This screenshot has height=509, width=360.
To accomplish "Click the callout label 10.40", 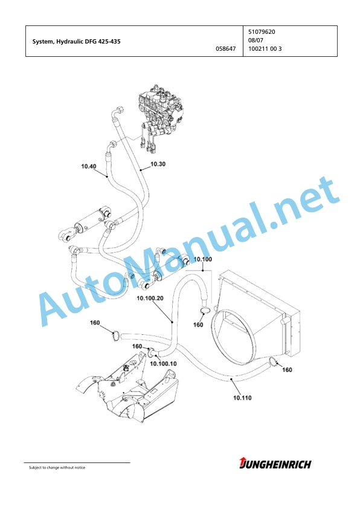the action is [x=89, y=166].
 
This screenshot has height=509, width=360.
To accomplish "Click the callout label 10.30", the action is [x=158, y=164].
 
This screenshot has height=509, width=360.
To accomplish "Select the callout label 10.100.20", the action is [x=150, y=298].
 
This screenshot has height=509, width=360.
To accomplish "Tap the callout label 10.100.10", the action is [x=163, y=363].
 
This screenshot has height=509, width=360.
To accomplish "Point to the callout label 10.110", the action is [x=242, y=398].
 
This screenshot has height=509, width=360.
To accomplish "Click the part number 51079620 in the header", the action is [x=262, y=32].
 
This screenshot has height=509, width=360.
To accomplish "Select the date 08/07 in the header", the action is [x=256, y=41].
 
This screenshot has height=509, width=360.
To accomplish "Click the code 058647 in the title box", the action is [x=226, y=49].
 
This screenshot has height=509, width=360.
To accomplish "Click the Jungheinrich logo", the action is [x=275, y=464].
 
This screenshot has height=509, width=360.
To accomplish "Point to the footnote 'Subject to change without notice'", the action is [x=57, y=467].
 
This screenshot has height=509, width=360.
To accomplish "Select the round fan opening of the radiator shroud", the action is [x=236, y=334].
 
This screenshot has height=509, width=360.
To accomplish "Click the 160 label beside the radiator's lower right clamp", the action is [x=287, y=370].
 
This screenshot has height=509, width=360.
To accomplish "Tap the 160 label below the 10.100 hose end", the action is [x=198, y=325].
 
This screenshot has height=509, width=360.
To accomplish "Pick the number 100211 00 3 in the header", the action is [x=265, y=49].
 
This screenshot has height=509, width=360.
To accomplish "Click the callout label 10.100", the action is [x=203, y=259].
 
